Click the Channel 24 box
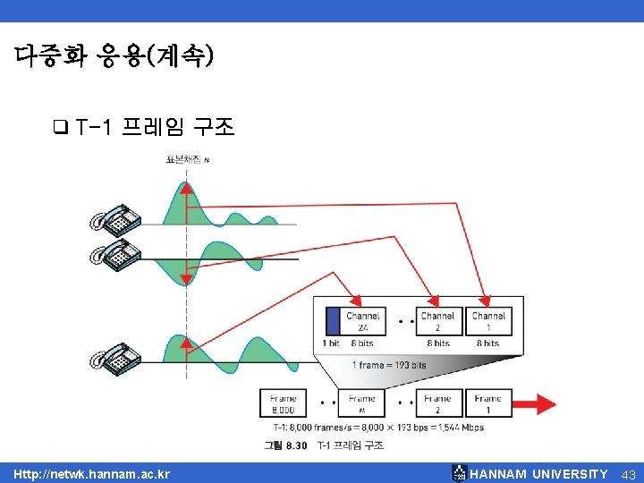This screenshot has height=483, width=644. (x=363, y=321)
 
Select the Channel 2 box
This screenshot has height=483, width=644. (x=438, y=321)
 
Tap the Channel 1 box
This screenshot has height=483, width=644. (x=488, y=321)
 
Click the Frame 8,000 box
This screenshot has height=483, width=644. (x=283, y=403)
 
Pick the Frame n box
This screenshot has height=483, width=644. (x=362, y=403)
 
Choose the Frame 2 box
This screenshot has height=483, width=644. (x=437, y=403)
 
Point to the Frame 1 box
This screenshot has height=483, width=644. (x=487, y=403)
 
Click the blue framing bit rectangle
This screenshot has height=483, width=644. (x=333, y=321)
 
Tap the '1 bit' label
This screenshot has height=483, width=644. (x=331, y=343)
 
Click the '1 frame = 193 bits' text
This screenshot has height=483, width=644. (x=389, y=365)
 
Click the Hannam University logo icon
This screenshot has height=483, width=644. (x=459, y=473)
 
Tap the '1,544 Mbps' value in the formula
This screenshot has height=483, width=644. (x=462, y=428)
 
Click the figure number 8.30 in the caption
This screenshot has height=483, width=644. (x=295, y=445)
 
